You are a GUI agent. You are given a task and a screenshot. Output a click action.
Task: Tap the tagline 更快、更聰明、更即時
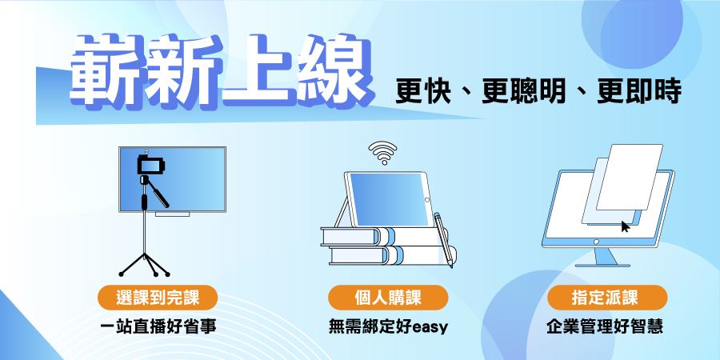click(x=538, y=92)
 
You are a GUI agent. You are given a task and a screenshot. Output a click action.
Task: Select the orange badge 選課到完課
click(x=158, y=298)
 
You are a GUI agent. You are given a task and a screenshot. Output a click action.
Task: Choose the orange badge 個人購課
click(x=387, y=298)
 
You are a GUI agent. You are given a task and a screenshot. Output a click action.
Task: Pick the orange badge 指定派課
click(x=607, y=298)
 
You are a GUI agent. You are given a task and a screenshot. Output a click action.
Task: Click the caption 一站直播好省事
click(x=158, y=327)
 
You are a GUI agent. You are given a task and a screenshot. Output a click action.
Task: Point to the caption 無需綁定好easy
click(x=388, y=327)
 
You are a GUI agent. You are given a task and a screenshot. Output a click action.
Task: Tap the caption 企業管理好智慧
click(x=605, y=327)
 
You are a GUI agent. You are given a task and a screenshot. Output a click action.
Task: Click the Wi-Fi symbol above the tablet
click(x=382, y=153)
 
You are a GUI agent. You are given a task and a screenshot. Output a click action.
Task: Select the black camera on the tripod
click(x=150, y=165)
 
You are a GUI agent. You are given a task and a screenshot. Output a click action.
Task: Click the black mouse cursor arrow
click(x=625, y=226)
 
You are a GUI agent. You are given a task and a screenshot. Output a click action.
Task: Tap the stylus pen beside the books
click(x=443, y=240)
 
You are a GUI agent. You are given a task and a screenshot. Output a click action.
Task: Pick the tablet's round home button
click(x=427, y=200)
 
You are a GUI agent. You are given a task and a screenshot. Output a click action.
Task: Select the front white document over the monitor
click(x=629, y=178)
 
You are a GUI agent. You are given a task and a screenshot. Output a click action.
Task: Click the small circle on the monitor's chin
click(x=596, y=242)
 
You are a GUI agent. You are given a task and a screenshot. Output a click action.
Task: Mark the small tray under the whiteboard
click(x=172, y=214)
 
